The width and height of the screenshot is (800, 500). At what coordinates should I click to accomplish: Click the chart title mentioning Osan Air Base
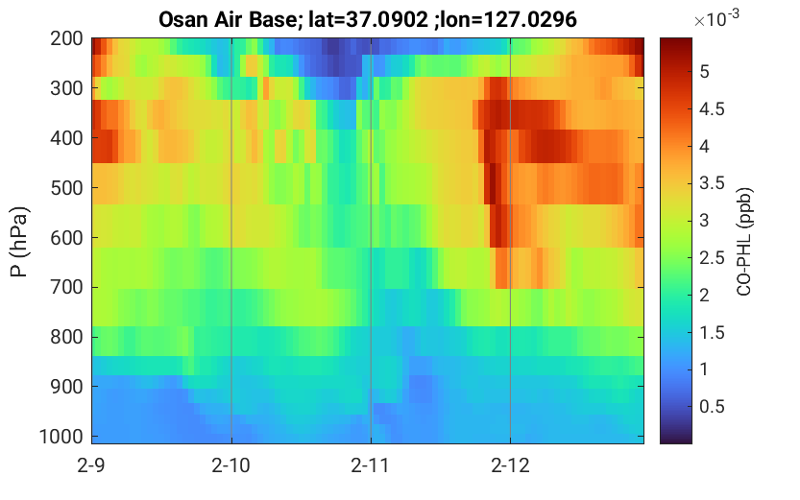tap(367, 19)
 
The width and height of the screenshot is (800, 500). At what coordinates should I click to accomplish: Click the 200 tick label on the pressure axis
tap(66, 38)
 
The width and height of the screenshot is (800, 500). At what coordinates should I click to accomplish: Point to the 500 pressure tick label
tap(66, 188)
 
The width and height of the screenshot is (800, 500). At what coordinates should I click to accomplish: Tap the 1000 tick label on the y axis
tap(61, 437)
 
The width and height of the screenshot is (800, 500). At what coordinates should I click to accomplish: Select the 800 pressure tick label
tap(66, 337)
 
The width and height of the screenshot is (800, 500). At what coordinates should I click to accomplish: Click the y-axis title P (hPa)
tap(19, 242)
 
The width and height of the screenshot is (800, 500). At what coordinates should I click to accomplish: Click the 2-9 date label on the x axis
tap(91, 465)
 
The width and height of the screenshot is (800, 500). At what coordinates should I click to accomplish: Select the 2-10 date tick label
tap(231, 465)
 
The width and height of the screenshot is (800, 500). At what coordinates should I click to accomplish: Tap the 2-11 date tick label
tap(371, 465)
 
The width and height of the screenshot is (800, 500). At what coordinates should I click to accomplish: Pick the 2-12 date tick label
tap(510, 465)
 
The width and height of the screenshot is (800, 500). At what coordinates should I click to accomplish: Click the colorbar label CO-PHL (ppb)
tap(744, 242)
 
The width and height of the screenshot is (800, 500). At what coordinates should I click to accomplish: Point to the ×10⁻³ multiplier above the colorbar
tap(716, 19)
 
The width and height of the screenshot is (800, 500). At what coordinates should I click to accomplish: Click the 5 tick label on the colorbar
tap(705, 72)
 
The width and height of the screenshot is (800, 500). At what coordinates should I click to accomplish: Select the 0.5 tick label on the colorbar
tap(712, 407)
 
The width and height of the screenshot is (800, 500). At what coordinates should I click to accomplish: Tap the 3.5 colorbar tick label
tap(712, 183)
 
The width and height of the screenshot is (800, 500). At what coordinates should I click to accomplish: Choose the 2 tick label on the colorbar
tap(705, 296)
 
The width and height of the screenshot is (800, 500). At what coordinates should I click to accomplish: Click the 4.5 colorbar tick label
tap(712, 109)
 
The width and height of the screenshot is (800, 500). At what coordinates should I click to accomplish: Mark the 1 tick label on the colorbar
tap(705, 369)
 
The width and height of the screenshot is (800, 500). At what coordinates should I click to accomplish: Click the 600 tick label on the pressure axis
tap(66, 238)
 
